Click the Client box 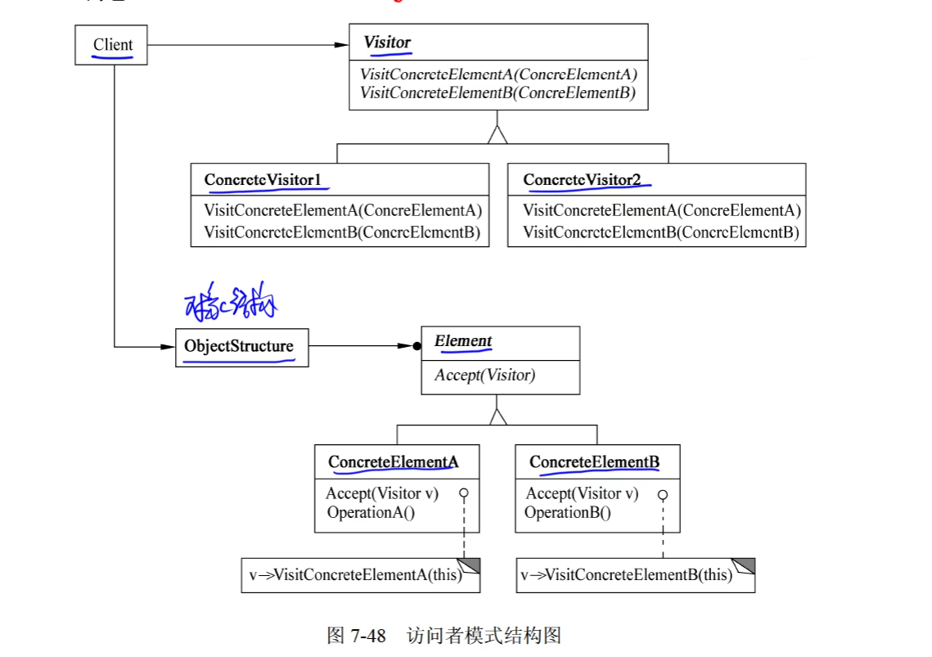point(112,45)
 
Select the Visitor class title point(387,43)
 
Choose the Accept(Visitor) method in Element point(484,376)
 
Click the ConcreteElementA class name point(393,462)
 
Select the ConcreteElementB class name point(594,462)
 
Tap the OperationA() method point(371,513)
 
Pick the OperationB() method point(568,513)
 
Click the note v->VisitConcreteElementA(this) point(356,575)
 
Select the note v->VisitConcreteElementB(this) point(626,575)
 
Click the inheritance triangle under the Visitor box point(498,135)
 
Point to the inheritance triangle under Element point(498,416)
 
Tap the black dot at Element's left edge point(416,347)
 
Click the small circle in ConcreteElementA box point(463,493)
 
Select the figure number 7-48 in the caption point(369,636)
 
